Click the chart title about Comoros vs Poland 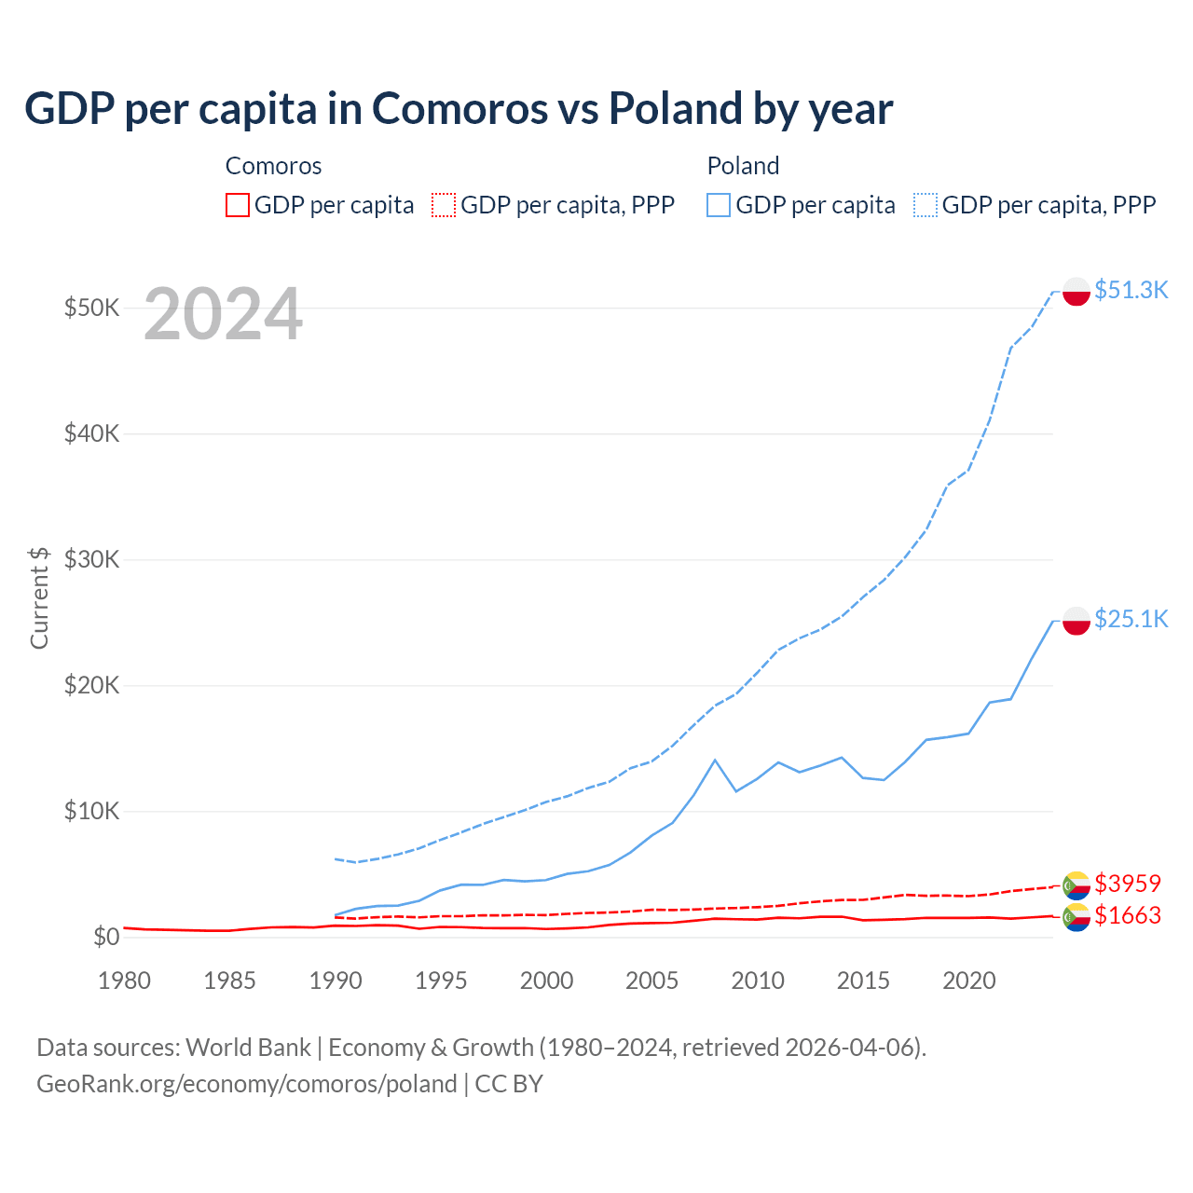pyautogui.click(x=459, y=109)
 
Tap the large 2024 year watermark pyautogui.click(x=223, y=315)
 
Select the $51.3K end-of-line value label pyautogui.click(x=1131, y=290)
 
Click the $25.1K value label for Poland pyautogui.click(x=1131, y=619)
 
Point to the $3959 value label pyautogui.click(x=1128, y=883)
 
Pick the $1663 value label pyautogui.click(x=1128, y=915)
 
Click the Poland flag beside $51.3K pyautogui.click(x=1076, y=291)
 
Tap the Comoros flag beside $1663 pyautogui.click(x=1076, y=917)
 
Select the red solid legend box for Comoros pyautogui.click(x=238, y=205)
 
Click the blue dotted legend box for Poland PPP pyautogui.click(x=926, y=205)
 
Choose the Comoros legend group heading pyautogui.click(x=273, y=166)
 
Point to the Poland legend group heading pyautogui.click(x=743, y=166)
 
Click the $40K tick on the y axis pyautogui.click(x=91, y=433)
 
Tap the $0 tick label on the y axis pyautogui.click(x=106, y=937)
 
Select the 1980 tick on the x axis pyautogui.click(x=124, y=980)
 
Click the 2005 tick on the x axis pyautogui.click(x=651, y=980)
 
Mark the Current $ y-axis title pyautogui.click(x=39, y=597)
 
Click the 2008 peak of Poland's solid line pyautogui.click(x=715, y=761)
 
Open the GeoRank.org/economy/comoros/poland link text pyautogui.click(x=247, y=1084)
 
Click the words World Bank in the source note pyautogui.click(x=248, y=1048)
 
